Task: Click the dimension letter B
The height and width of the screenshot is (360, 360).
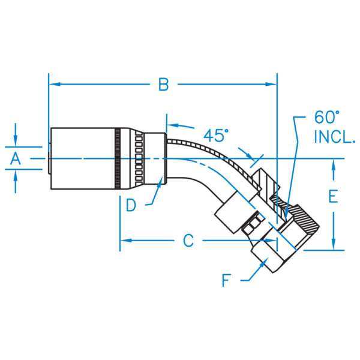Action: (x=163, y=85)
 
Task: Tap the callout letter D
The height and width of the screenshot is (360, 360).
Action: (x=131, y=205)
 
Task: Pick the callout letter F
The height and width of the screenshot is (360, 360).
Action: (x=226, y=280)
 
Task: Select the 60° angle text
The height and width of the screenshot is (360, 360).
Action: (x=326, y=117)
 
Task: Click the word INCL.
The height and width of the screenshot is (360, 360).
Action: (x=334, y=137)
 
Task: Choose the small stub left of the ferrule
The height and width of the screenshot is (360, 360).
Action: (x=47, y=158)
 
